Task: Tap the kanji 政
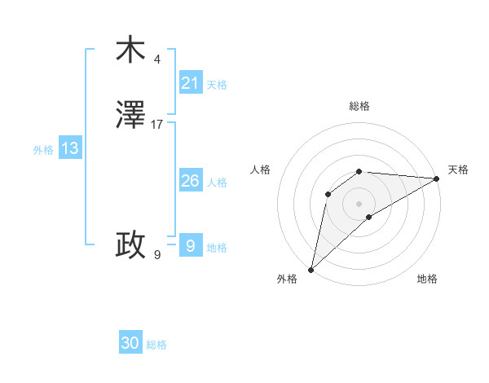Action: [130, 244]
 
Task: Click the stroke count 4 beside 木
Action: [156, 59]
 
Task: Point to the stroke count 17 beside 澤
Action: [157, 125]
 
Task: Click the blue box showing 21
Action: [190, 83]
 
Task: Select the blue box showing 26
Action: [190, 181]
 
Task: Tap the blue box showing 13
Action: [70, 148]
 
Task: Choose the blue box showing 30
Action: [130, 343]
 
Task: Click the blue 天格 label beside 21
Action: [217, 85]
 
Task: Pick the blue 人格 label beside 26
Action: [217, 183]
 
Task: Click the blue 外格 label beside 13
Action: [43, 150]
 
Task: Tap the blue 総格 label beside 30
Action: [156, 345]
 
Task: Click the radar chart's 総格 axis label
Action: [359, 106]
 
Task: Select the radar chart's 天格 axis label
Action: [459, 169]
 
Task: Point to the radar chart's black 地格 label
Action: [427, 280]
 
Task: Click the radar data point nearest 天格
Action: [437, 178]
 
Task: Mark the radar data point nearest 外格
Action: [311, 270]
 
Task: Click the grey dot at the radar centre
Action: [359, 203]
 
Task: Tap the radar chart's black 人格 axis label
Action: [260, 169]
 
